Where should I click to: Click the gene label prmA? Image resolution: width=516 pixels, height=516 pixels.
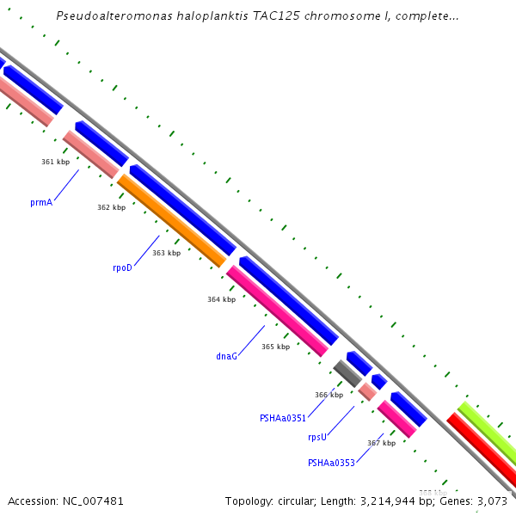tap(41, 203)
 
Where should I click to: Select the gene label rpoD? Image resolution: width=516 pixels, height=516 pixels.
tap(122, 267)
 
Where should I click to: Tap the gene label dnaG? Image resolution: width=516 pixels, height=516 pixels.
tap(226, 355)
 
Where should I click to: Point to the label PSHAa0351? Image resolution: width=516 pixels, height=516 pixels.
tap(283, 418)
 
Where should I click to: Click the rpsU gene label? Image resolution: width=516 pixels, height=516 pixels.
tap(317, 437)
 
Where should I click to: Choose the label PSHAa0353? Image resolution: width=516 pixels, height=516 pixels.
tap(331, 463)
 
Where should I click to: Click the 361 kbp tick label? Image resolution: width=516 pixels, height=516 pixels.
tap(56, 162)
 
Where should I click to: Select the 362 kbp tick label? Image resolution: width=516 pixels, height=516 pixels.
tap(111, 207)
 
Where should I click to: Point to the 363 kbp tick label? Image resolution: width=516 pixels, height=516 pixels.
tap(166, 253)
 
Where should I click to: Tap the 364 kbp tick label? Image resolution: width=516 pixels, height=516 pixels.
tap(221, 299)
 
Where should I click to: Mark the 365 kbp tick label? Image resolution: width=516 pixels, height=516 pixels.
tap(275, 347)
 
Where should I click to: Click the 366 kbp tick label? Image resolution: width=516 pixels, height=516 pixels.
tap(329, 395)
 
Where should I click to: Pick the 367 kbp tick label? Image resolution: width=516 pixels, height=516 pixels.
tap(381, 443)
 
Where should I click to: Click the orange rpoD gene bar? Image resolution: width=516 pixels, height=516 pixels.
tap(171, 220)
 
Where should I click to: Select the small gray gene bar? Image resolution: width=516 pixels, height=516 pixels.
tap(347, 373)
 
